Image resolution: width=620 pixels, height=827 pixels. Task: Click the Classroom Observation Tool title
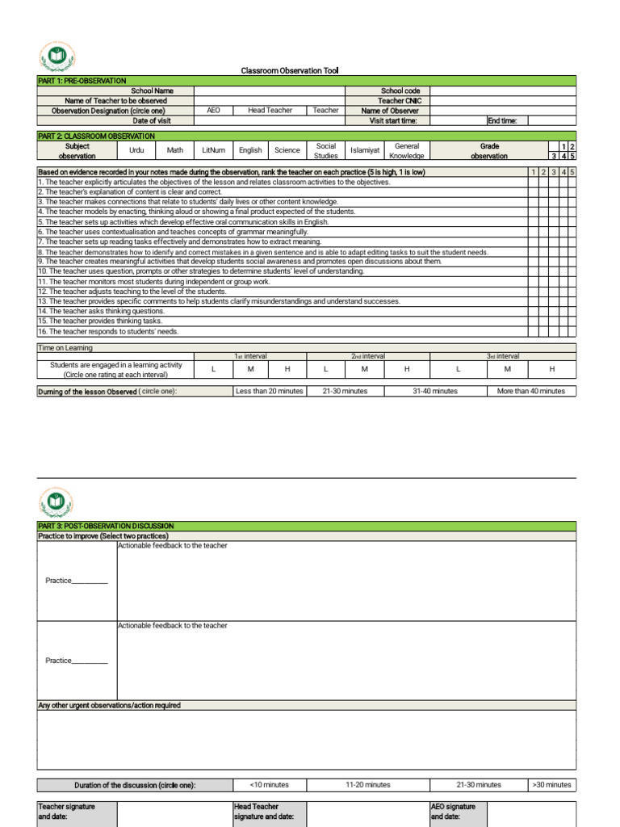(x=290, y=71)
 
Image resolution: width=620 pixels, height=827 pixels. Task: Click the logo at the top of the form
(x=56, y=57)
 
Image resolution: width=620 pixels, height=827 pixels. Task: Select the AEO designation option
(x=213, y=111)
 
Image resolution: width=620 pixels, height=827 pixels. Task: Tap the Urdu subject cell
(x=136, y=150)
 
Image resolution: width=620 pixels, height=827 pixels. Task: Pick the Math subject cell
(x=175, y=150)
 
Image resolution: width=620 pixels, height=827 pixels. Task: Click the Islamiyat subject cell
(x=365, y=150)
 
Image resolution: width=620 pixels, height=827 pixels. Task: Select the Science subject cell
(x=287, y=150)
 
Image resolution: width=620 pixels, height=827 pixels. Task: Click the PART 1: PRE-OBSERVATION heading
(x=82, y=81)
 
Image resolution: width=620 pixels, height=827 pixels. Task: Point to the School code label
(x=400, y=91)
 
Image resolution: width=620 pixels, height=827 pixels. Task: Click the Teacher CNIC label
(x=400, y=101)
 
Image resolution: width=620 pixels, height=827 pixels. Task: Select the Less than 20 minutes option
(x=269, y=391)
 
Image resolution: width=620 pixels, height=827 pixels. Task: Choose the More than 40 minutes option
(x=530, y=391)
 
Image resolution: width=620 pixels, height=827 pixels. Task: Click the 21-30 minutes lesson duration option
(x=345, y=391)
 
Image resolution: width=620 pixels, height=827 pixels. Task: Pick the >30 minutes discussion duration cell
(x=552, y=784)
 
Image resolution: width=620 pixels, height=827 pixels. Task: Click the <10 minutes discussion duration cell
(x=269, y=784)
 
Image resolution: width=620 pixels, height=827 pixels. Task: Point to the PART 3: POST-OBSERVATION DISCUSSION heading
(x=106, y=526)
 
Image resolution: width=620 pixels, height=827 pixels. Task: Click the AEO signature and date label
(x=454, y=812)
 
